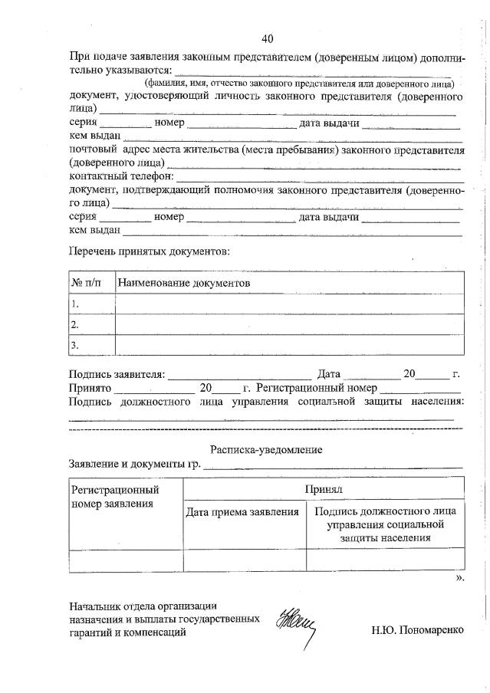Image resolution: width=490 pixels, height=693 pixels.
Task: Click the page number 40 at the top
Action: tap(267, 38)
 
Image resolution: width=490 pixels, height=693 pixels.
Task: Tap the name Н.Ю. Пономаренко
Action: tap(417, 633)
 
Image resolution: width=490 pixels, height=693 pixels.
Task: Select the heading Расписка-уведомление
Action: tap(266, 450)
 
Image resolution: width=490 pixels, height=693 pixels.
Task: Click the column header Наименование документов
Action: tap(184, 283)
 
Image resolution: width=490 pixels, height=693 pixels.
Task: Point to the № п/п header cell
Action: tap(87, 283)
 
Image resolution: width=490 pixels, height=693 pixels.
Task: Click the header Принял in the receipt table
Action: tap(323, 488)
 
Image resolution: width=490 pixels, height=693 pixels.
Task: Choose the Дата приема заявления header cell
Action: tap(242, 511)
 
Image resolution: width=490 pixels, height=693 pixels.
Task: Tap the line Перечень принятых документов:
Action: tap(149, 251)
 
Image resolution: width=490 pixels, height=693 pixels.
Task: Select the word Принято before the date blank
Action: tap(90, 388)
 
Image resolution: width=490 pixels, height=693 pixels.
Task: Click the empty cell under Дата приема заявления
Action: tap(244, 560)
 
